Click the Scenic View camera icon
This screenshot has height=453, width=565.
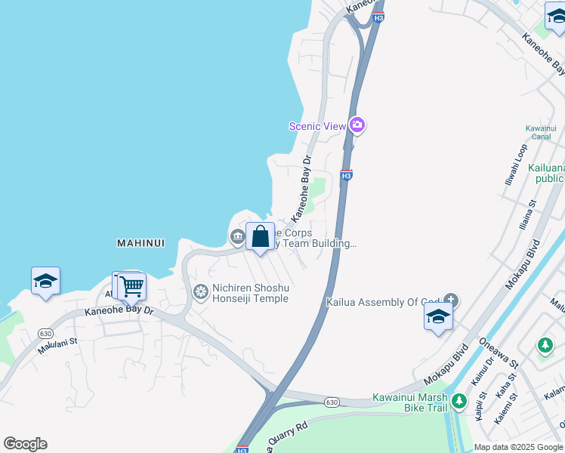(x=357, y=125)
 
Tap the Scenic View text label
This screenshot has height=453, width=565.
(x=317, y=126)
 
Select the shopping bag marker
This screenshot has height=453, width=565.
(x=260, y=237)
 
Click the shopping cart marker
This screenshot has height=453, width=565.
(x=131, y=286)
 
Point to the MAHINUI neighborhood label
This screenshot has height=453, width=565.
(x=141, y=243)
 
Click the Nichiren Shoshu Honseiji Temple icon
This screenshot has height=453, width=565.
(x=201, y=291)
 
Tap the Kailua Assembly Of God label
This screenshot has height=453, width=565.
(x=383, y=302)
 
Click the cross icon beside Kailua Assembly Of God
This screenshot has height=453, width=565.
(x=451, y=301)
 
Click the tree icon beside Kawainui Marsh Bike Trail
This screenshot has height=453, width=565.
(x=458, y=402)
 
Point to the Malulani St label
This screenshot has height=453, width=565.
(x=57, y=345)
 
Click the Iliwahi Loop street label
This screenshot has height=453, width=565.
(x=519, y=166)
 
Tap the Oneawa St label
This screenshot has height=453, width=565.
(x=498, y=353)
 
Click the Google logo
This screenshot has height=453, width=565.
(x=25, y=444)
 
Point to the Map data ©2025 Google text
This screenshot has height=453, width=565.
(x=519, y=447)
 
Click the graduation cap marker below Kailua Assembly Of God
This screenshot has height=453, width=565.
(x=438, y=317)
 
